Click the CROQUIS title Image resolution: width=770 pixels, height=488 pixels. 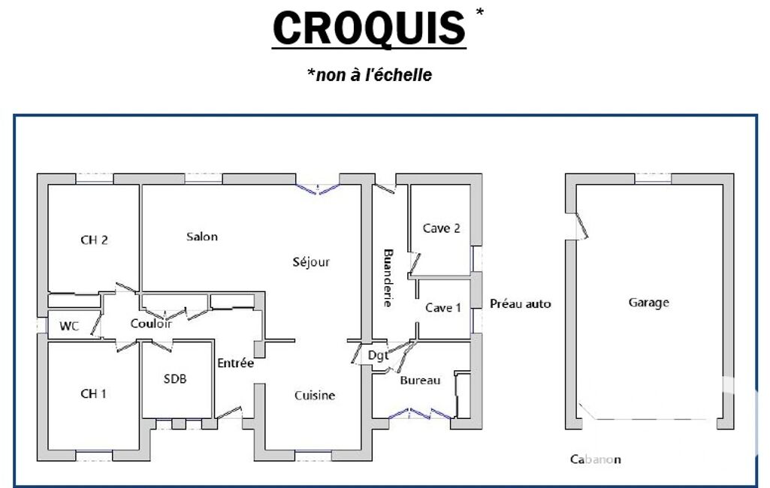pos(369,28)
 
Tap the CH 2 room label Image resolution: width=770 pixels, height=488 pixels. pos(94,240)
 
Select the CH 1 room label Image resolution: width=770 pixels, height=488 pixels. pos(93,393)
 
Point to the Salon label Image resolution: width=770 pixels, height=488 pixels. pos(202,236)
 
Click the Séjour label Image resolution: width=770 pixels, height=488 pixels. pos(311,262)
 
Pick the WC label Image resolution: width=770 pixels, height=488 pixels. pos(69,326)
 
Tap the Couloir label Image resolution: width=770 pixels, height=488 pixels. pos(151,324)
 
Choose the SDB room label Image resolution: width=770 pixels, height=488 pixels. pos(175,379)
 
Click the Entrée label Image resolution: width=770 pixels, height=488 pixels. pos(236,363)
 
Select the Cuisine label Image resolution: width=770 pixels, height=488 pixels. pos(315,395)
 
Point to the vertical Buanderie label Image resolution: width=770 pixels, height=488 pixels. pos(388,278)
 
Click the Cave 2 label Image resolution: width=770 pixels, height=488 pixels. pos(442,228)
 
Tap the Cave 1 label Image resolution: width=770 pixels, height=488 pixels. pos(443,308)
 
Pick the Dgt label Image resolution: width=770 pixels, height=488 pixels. pos(378,355)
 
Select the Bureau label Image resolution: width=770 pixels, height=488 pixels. pos(420,381)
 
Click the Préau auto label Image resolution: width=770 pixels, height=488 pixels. pos(520,304)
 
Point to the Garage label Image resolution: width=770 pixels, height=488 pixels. pos(649,303)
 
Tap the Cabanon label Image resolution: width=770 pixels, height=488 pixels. pos(595,459)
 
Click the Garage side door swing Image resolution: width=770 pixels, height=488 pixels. pos(581,226)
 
